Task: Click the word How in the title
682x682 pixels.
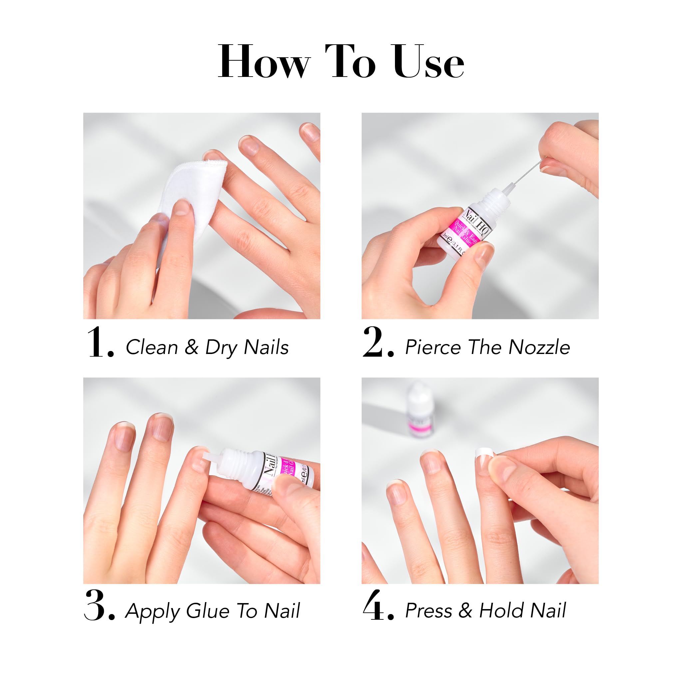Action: click(264, 62)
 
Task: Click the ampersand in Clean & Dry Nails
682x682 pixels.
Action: click(191, 347)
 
